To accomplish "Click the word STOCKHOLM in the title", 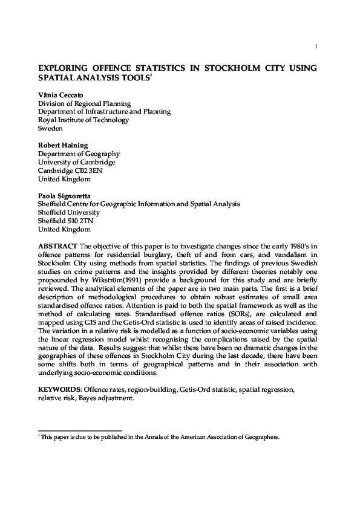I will pyautogui.click(x=223, y=68).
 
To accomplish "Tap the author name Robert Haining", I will pyautogui.click(x=63, y=146).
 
